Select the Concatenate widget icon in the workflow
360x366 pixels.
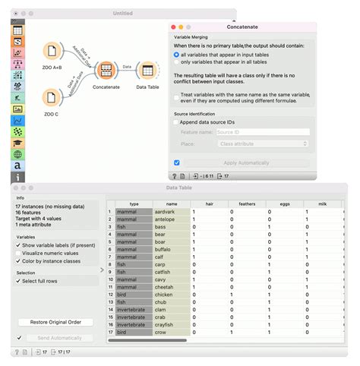(x=106, y=70)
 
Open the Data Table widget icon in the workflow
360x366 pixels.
(x=147, y=70)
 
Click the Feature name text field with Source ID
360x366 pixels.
(x=262, y=132)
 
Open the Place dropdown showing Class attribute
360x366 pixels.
(x=262, y=143)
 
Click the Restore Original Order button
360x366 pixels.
(x=55, y=323)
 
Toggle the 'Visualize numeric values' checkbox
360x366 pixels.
(x=19, y=253)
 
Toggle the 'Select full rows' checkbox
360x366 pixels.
(x=19, y=281)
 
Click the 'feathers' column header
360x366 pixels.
(x=247, y=204)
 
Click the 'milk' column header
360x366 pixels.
(x=322, y=204)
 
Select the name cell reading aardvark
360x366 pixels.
(x=170, y=212)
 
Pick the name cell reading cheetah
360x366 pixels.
(x=170, y=287)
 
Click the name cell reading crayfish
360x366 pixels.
(x=170, y=324)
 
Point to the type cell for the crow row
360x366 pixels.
(x=134, y=332)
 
